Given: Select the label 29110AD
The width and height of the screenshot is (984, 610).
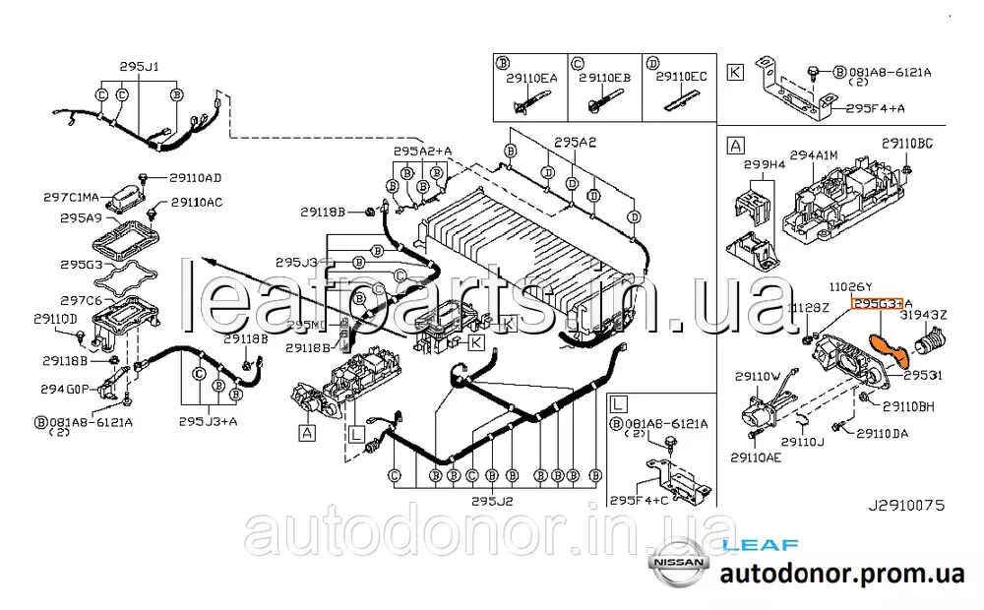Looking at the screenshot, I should (x=196, y=178).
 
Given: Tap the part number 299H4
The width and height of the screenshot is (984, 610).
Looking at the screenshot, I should (x=764, y=164).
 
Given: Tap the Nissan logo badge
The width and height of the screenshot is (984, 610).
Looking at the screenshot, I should (x=676, y=564).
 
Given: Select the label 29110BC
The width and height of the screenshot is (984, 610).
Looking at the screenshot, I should (x=906, y=144).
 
